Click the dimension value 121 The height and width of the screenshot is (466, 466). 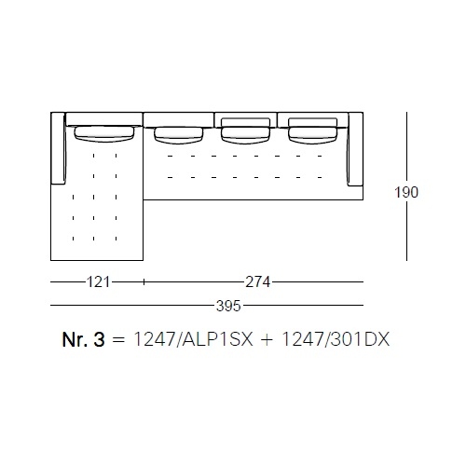click(x=98, y=282)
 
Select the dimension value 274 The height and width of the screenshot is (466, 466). click(x=257, y=282)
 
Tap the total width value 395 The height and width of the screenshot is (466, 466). click(x=228, y=306)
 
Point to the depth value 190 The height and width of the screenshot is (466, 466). click(x=406, y=192)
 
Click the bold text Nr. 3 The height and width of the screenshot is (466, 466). click(x=83, y=339)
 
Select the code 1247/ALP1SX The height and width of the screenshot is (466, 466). click(x=193, y=339)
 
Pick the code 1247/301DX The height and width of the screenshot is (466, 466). click(x=336, y=339)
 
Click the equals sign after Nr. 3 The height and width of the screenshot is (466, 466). click(x=118, y=340)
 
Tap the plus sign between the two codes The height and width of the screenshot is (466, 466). click(x=267, y=339)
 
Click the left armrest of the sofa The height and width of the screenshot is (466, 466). click(x=58, y=148)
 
